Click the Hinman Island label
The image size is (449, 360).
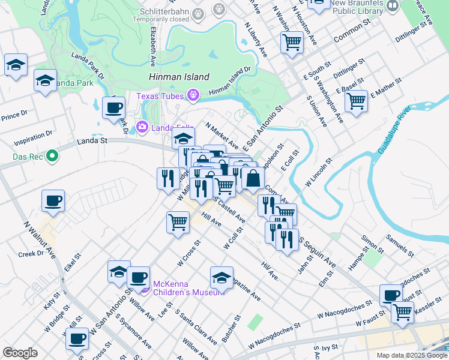coord(179,77)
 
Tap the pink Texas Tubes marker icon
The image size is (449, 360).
coord(193,95)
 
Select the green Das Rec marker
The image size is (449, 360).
coord(52,157)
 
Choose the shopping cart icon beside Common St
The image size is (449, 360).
coord(292,43)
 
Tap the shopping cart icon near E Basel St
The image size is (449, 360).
coord(356,101)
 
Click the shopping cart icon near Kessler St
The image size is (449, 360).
coord(402,311)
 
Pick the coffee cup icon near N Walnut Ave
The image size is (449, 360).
coord(53,201)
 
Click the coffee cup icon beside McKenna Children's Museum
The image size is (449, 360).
coord(138,277)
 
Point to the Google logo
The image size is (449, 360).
coord(20,353)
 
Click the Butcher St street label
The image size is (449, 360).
coord(231,328)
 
